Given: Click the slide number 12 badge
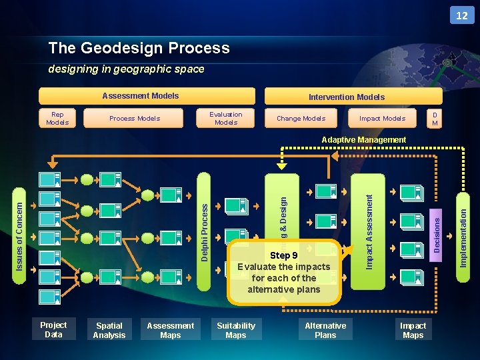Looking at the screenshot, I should point(462,15).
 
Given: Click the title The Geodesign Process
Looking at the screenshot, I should point(139,48).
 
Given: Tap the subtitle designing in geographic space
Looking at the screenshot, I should point(126,69).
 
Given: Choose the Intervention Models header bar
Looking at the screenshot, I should point(347,97).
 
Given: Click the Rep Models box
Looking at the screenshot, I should point(57,118).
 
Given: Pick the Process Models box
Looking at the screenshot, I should point(135,118).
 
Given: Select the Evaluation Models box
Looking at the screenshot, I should point(226,118).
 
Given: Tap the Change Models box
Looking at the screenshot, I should point(301,118).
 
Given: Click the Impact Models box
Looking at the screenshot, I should point(382,118).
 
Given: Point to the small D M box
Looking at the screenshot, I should point(435,118).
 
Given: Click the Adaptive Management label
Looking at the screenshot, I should point(363,140).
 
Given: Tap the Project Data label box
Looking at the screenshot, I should point(53,330).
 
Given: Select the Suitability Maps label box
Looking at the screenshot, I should point(235,330).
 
